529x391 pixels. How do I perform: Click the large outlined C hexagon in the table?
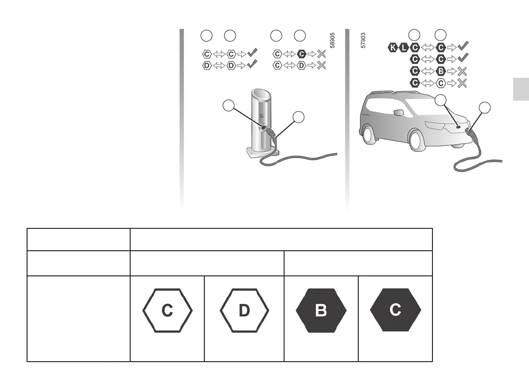167,311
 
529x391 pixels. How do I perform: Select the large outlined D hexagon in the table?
244,311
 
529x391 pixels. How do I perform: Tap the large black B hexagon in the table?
321,311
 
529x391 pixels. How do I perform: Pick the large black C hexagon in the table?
395,310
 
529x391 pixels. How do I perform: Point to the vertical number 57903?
363,41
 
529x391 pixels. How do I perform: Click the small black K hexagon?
393,47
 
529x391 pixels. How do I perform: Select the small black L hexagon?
403,47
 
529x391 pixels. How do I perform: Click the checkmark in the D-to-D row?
252,65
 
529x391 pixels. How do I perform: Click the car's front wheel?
415,139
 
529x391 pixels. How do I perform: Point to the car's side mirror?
398,112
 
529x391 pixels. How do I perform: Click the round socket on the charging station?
264,127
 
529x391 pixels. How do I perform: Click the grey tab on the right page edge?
521,89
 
